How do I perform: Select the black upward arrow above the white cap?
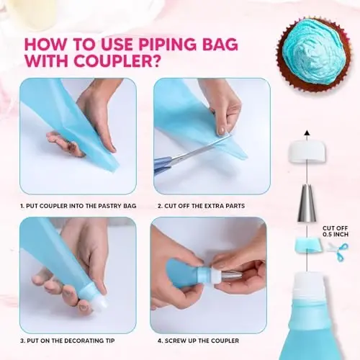click(x=307, y=133)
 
